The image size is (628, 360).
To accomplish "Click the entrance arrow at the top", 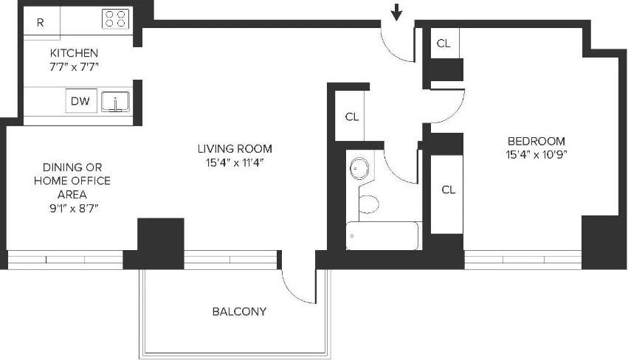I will pos(397,12).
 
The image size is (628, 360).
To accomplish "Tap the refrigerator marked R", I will pos(41,22).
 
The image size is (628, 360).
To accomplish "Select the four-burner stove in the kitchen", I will pos(114,19).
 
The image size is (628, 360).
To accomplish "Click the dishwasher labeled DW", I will pos(80,101).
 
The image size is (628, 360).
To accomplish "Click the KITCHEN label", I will pos(74,53).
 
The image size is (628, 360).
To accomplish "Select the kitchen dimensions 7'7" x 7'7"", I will pos(74,66).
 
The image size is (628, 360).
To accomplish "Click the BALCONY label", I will pos(239,311).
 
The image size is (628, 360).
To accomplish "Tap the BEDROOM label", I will pos(536,141).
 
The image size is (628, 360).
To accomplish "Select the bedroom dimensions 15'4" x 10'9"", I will pos(536,155).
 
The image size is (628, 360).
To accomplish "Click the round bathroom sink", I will pos(359,169).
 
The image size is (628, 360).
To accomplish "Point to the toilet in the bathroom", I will pos(368,204).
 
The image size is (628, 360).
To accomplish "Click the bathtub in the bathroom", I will pos(382,236).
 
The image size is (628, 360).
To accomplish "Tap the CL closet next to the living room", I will pos(352,116).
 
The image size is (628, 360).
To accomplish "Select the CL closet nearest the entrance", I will pos(444,44).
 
